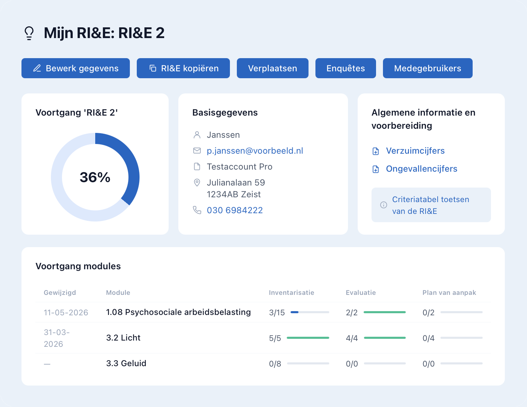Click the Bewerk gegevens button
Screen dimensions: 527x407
[x=75, y=68]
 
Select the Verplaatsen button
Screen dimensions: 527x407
[x=273, y=68]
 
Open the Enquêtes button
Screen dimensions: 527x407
[x=346, y=68]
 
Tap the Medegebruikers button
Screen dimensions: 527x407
[x=428, y=68]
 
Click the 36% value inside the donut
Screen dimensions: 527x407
[x=95, y=177]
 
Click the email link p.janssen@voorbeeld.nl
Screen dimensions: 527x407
[x=255, y=151]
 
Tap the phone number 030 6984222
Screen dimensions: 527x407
[x=235, y=210]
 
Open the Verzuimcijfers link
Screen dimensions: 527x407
[x=415, y=151]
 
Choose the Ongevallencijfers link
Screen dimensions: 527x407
[x=421, y=169]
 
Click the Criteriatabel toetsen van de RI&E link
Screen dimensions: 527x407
[x=431, y=205]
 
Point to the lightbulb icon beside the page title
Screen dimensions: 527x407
[x=29, y=33]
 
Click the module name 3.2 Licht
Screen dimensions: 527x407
[x=123, y=338]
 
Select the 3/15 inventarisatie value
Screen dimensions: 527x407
[x=277, y=313]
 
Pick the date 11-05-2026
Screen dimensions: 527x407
[x=66, y=313]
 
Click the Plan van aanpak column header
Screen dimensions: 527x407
[x=449, y=292]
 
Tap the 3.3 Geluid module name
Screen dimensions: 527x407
[x=126, y=363]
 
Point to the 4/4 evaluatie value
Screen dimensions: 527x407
[x=352, y=338]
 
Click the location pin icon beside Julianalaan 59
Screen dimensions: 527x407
[x=197, y=182]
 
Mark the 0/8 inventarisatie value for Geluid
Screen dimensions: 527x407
[x=275, y=364]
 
